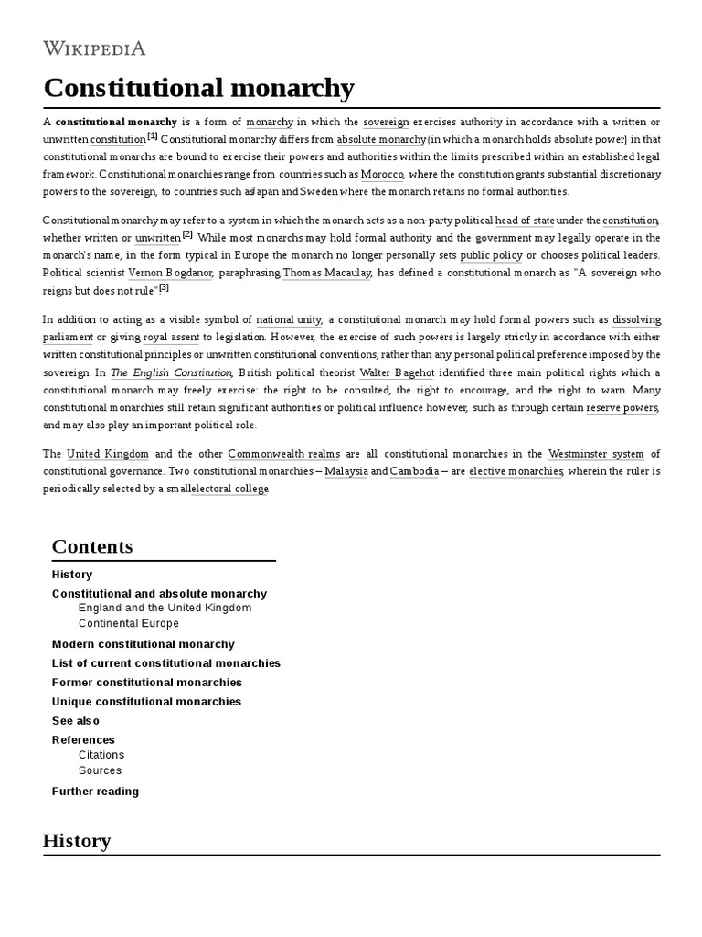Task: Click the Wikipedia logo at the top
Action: [94, 48]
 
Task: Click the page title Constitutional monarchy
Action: [198, 88]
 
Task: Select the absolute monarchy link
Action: [381, 139]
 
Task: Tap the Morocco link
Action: [381, 174]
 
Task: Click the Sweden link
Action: [319, 191]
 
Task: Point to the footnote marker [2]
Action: [187, 235]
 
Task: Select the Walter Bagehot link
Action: [401, 372]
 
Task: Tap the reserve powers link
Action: [622, 407]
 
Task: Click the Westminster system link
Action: [596, 454]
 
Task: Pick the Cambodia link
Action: [414, 471]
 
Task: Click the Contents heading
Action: [92, 546]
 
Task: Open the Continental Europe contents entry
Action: [129, 624]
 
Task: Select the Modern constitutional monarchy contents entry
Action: [144, 644]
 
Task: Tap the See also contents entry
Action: [76, 721]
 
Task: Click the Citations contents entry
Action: [101, 755]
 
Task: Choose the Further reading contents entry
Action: [96, 792]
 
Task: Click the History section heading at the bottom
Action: [77, 840]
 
